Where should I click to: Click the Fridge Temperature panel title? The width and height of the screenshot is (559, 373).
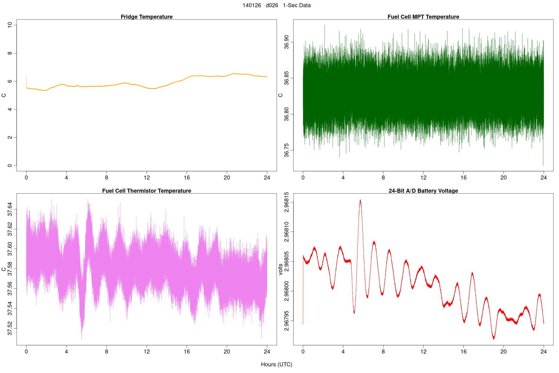point(147,17)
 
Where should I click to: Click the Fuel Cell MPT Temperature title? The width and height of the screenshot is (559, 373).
point(423,17)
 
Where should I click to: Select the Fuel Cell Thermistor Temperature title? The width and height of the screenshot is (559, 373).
point(147,191)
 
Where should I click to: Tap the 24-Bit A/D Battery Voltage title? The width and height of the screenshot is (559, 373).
point(423,191)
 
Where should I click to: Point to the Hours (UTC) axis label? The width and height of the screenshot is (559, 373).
point(276,364)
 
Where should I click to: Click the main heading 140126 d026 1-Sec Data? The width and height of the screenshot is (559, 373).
point(276,5)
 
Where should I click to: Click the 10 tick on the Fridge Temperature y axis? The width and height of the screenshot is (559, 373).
point(10,25)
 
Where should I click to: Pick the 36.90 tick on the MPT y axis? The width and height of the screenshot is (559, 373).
point(286,42)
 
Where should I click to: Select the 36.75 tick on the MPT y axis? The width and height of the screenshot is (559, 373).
point(286,150)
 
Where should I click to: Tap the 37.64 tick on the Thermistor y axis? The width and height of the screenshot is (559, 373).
point(10,209)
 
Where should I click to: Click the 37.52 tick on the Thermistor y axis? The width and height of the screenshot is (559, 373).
point(10,328)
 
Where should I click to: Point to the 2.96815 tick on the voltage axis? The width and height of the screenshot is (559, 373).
point(286,202)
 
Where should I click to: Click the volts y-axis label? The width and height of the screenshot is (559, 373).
point(281,269)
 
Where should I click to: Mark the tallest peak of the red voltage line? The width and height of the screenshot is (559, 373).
point(360,200)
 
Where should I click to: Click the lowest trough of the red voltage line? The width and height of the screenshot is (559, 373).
point(494,338)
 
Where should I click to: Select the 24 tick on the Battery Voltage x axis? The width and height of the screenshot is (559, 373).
point(543,352)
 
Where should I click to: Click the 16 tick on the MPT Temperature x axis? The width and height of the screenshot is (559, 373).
point(463,178)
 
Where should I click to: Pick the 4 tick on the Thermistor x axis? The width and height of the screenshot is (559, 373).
point(66,352)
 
